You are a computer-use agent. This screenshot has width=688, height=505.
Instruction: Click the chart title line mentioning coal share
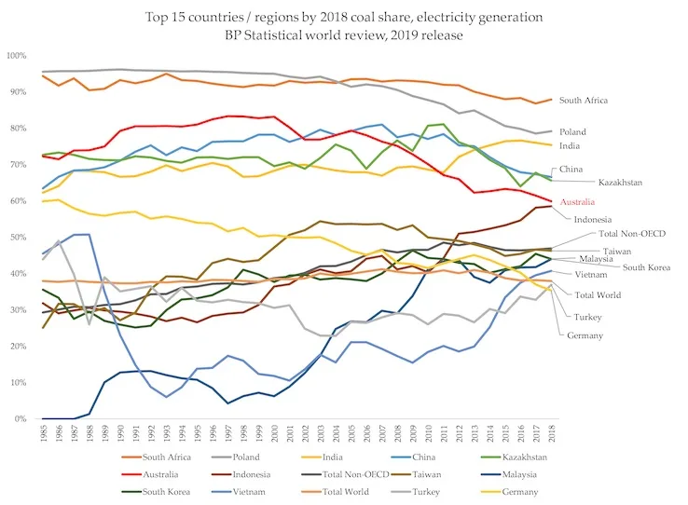pyautogui.click(x=343, y=16)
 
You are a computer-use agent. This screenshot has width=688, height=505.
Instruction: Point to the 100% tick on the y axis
pyautogui.click(x=18, y=57)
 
